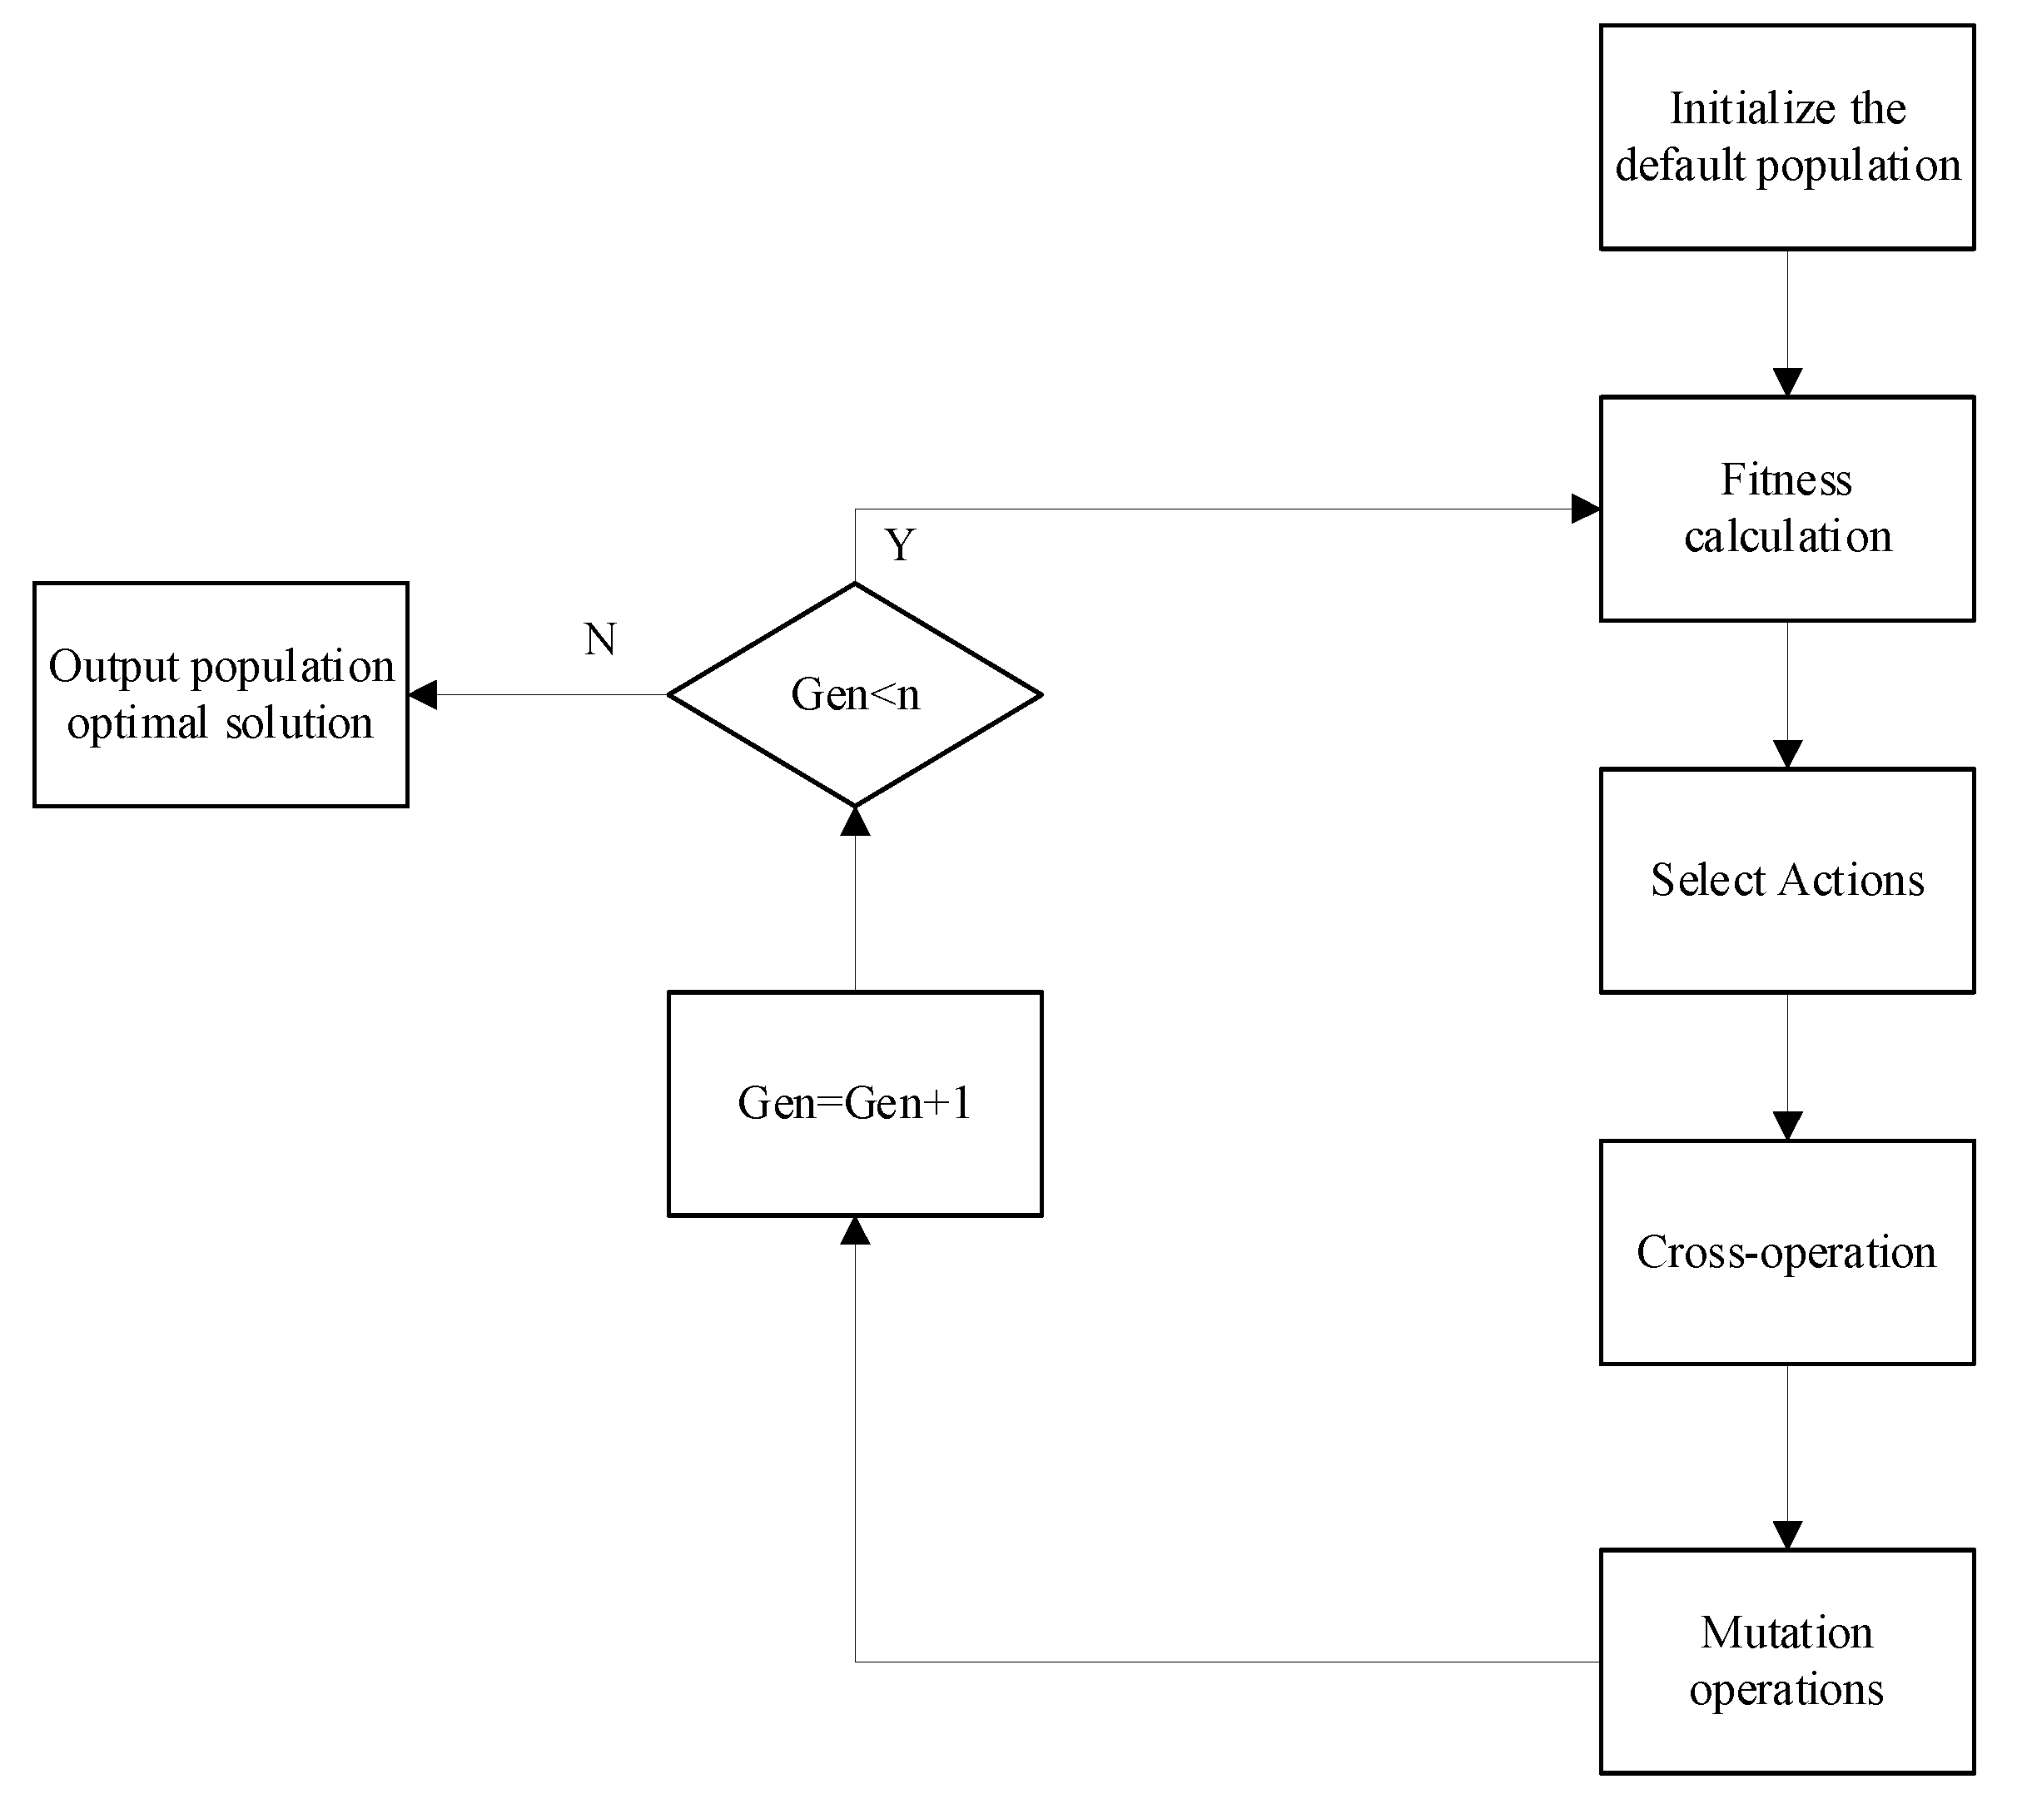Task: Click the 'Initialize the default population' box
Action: [1786, 137]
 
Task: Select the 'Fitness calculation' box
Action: [1786, 508]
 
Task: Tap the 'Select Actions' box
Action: [1786, 880]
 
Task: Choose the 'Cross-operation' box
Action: [1786, 1251]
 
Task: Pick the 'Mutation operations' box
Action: [1786, 1661]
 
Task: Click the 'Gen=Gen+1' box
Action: [855, 1103]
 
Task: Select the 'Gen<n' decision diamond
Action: [855, 694]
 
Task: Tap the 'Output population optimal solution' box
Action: [221, 694]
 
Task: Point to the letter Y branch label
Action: [899, 544]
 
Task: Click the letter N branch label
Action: [600, 639]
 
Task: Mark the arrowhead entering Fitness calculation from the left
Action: [1585, 509]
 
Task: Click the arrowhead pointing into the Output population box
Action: [423, 695]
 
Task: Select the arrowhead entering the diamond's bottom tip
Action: [855, 822]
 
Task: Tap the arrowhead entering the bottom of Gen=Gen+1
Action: [855, 1230]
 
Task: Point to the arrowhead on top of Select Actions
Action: [1786, 754]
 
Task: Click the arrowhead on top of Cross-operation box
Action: [1786, 1126]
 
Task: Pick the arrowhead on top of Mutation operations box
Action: [1786, 1535]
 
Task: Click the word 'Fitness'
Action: [1786, 480]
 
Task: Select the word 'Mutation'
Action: [1786, 1633]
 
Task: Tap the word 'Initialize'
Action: [1737, 109]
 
